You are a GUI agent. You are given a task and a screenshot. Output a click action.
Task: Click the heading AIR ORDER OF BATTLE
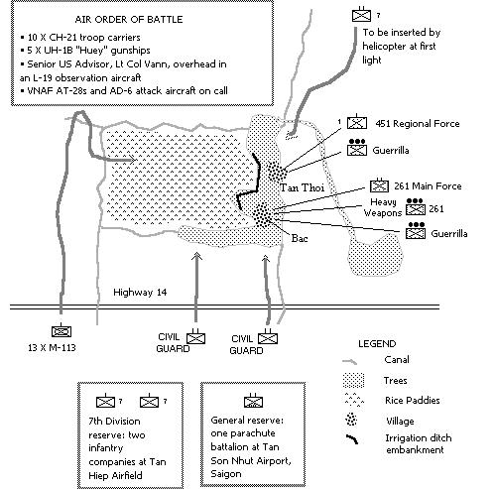tap(129, 20)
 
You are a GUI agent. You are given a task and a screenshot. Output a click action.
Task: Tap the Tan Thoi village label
tap(302, 187)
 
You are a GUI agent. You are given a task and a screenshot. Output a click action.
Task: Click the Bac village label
tap(300, 238)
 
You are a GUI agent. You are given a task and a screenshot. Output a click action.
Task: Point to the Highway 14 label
tap(140, 293)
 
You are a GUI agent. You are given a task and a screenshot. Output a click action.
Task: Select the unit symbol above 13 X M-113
tap(62, 331)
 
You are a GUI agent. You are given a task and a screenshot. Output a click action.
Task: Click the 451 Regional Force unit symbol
tap(357, 122)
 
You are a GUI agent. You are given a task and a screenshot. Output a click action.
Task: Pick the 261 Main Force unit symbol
tap(379, 185)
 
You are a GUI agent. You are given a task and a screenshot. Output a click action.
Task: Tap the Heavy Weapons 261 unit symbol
tap(416, 207)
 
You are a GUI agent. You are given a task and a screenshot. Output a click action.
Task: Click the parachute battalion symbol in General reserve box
tap(253, 401)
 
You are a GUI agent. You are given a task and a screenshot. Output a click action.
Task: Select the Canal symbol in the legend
tap(350, 362)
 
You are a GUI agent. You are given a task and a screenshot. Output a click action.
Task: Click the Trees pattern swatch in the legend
tap(353, 380)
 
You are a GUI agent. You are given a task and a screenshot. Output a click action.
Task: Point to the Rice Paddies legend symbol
tap(354, 400)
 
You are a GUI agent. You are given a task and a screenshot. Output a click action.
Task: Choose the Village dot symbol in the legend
tap(351, 420)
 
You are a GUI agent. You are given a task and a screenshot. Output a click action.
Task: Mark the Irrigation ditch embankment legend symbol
tap(352, 438)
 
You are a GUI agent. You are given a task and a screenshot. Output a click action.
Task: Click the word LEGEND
tap(377, 344)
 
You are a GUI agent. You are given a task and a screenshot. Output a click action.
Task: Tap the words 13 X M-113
tap(52, 348)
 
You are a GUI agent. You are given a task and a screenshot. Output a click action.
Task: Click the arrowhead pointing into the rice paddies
tap(132, 160)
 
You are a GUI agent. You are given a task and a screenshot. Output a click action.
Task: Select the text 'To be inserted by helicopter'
tap(402, 40)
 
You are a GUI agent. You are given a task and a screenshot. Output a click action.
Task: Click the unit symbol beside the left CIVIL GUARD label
tap(195, 337)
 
